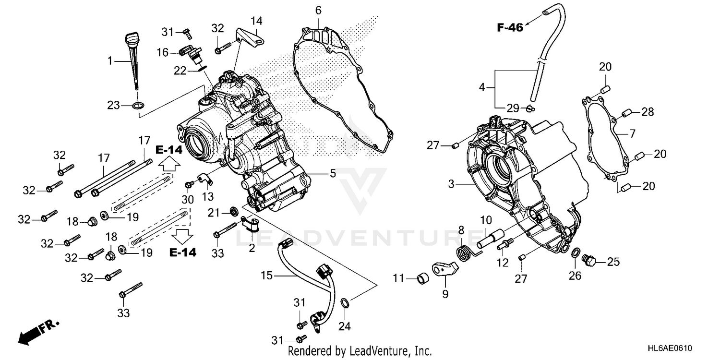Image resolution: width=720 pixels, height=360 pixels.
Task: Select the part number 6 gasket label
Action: pyautogui.click(x=318, y=10)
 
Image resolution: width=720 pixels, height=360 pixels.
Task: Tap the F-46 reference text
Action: pyautogui.click(x=509, y=27)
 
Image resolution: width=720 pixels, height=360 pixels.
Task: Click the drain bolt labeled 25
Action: pyautogui.click(x=588, y=261)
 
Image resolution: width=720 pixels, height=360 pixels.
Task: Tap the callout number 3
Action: pyautogui.click(x=451, y=184)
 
